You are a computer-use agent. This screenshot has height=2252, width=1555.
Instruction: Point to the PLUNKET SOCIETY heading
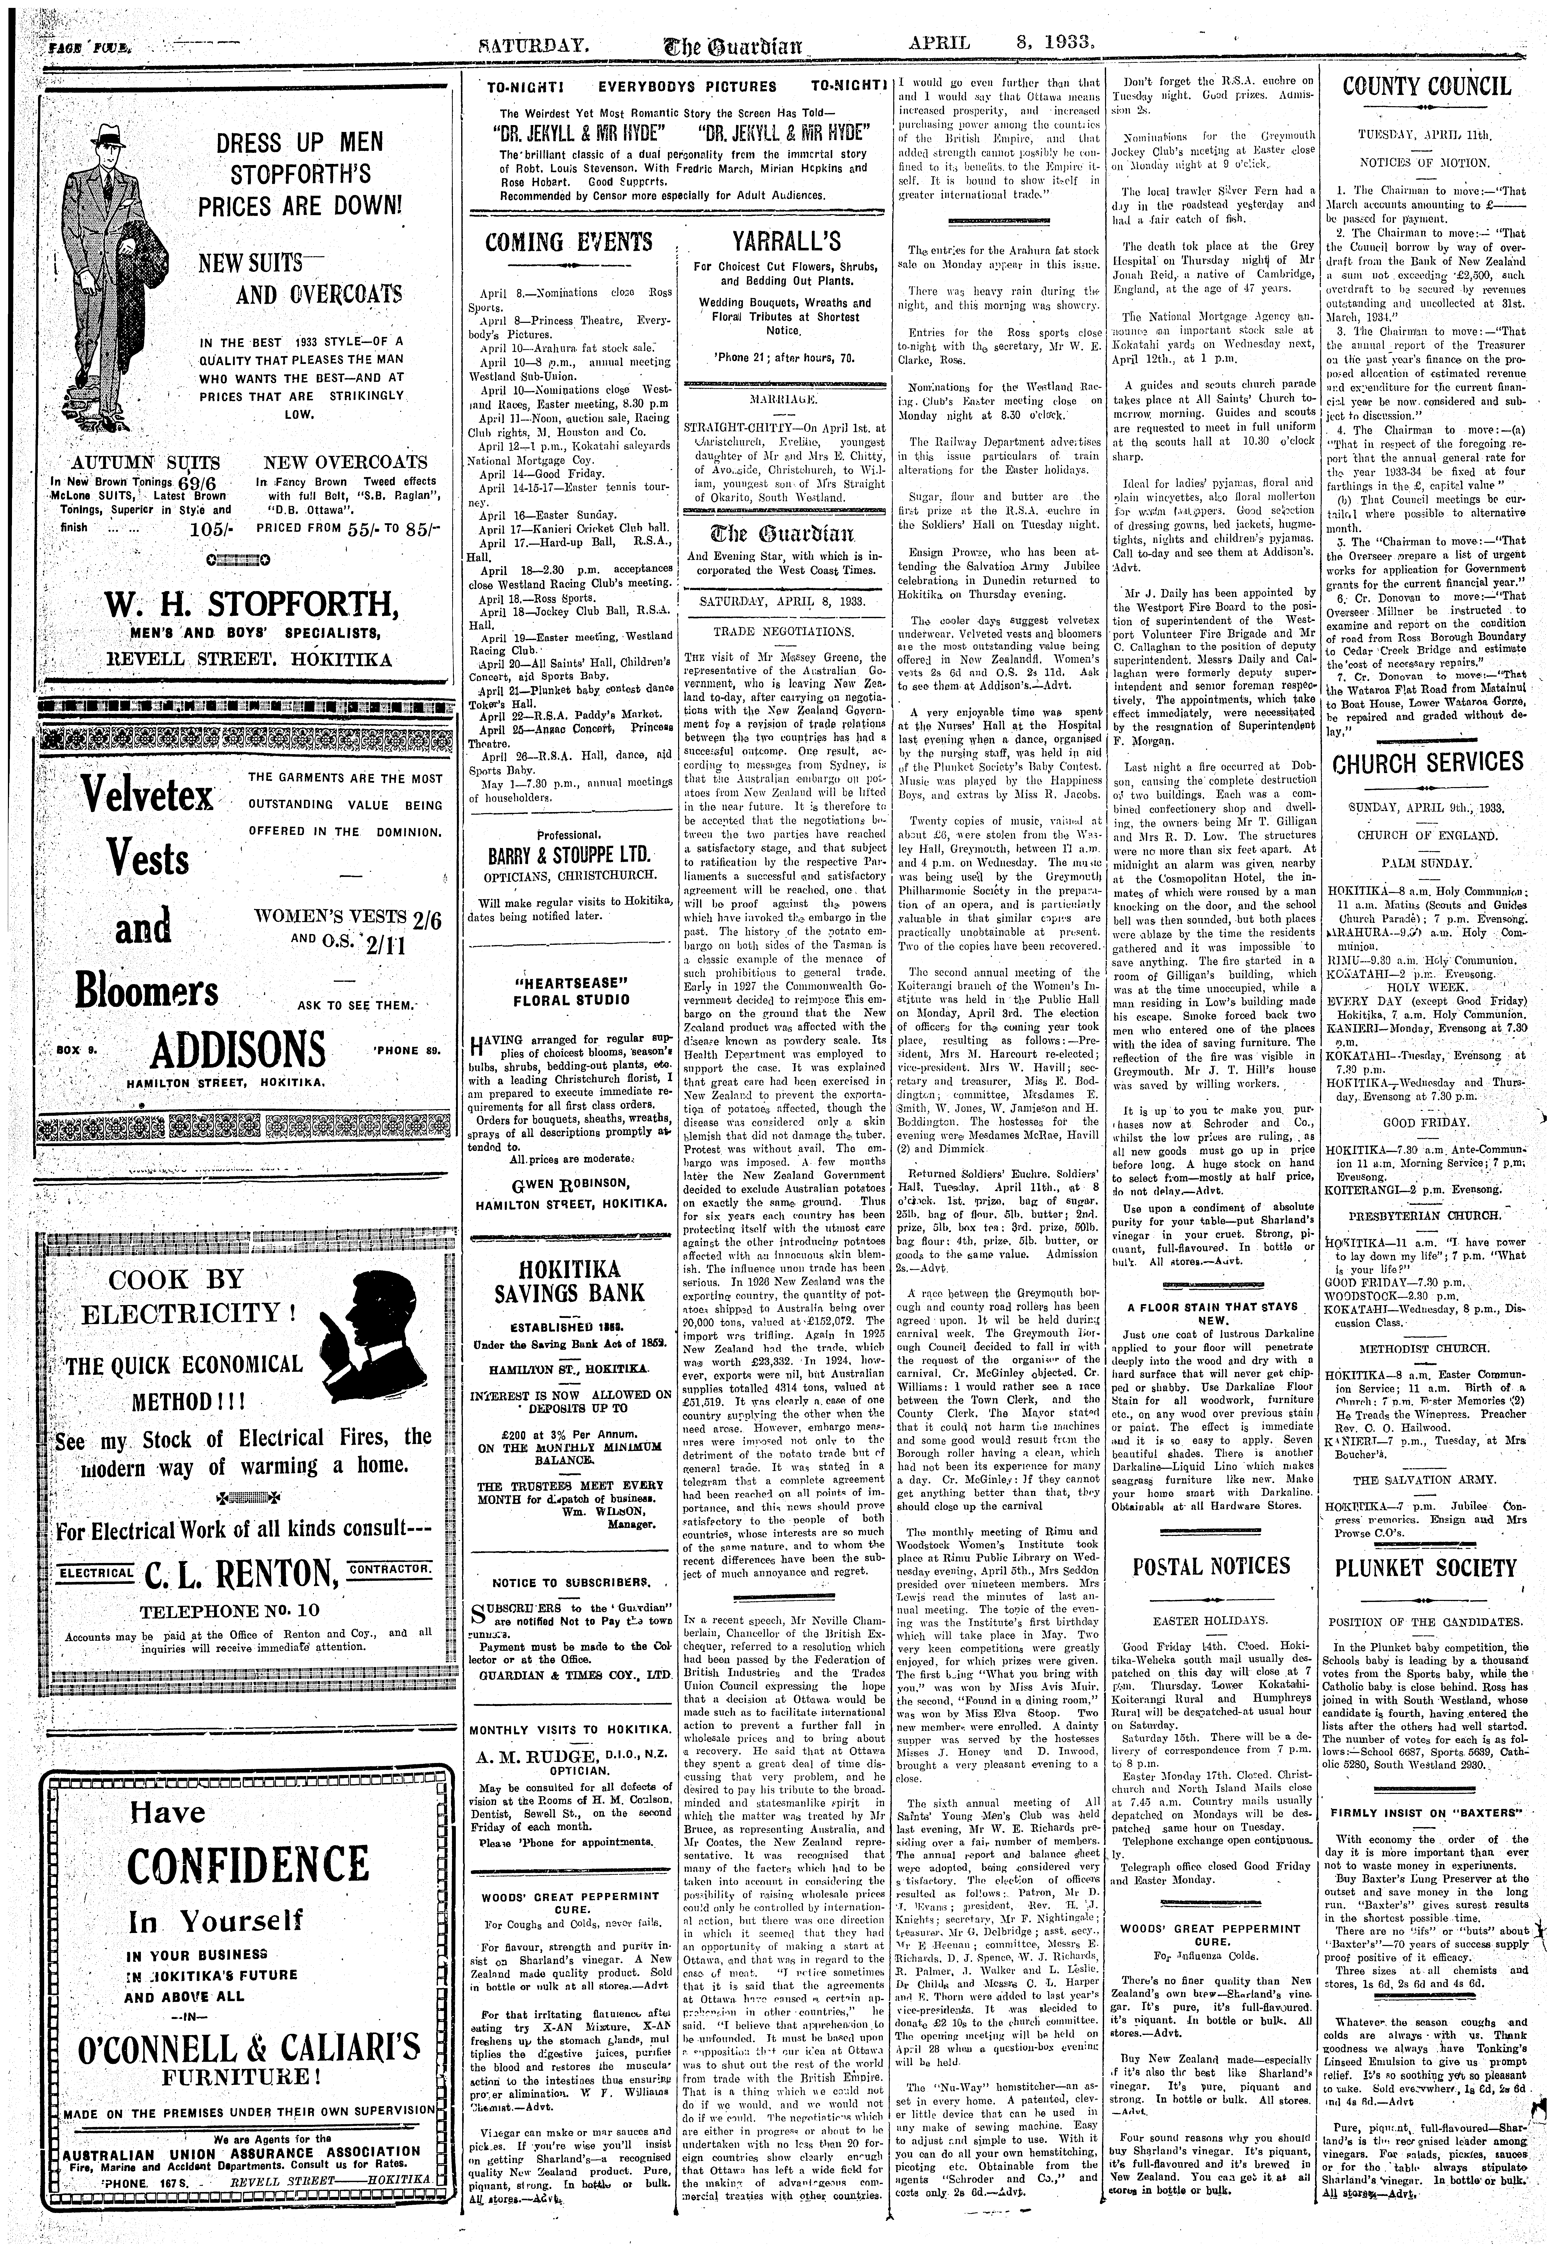pos(1427,1567)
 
